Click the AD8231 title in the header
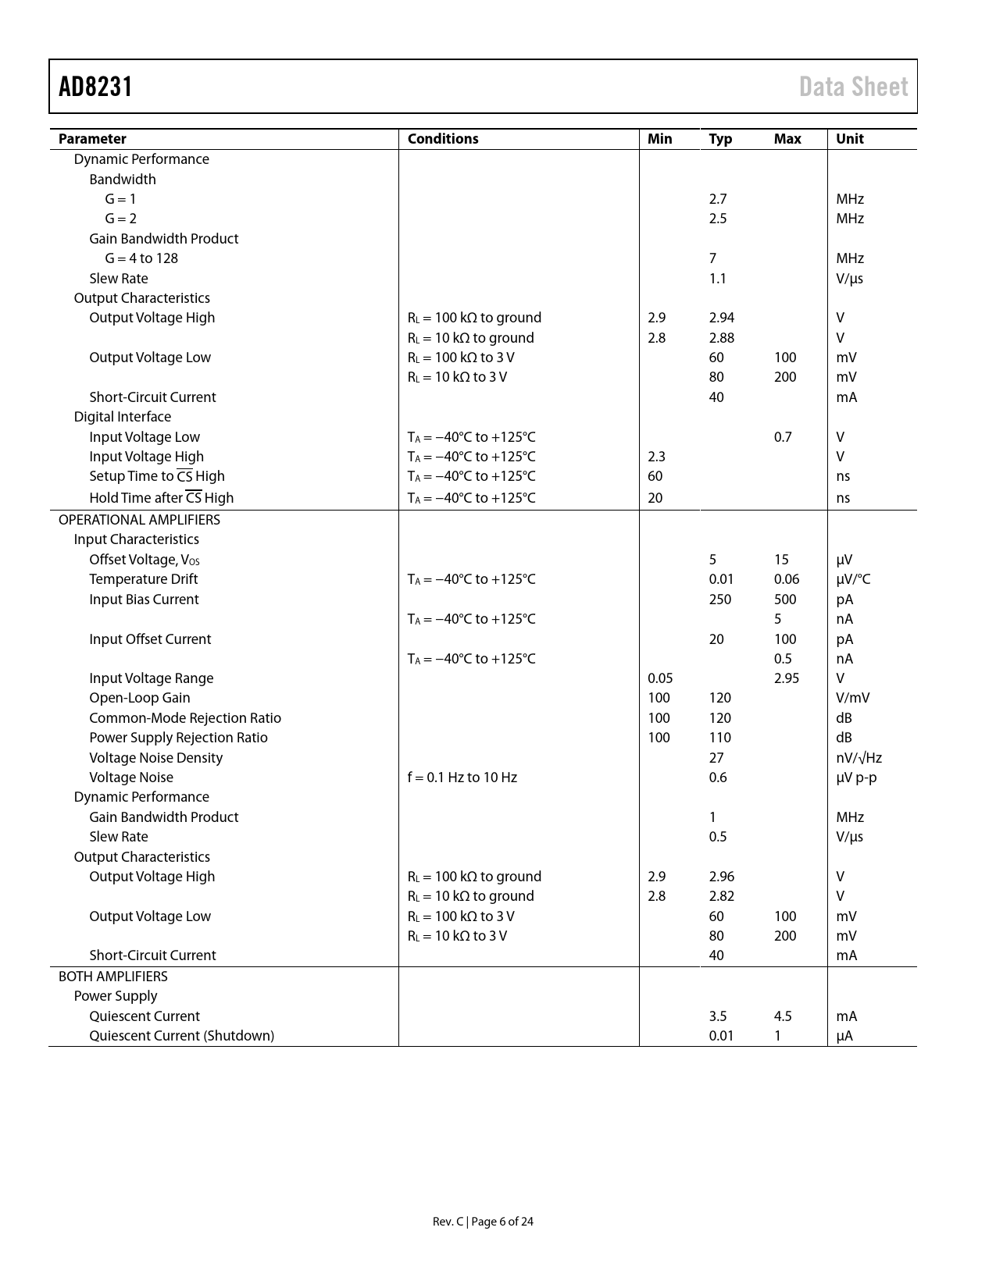[95, 87]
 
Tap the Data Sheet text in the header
[853, 87]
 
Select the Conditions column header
[443, 139]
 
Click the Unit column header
[850, 139]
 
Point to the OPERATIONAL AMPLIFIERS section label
[139, 520]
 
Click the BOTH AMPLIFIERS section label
[112, 977]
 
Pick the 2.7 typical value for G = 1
[717, 199]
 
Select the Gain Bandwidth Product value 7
[712, 258]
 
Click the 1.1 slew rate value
[717, 279]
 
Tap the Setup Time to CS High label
[156, 476]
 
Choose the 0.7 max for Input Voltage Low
[783, 437]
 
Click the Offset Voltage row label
[144, 560]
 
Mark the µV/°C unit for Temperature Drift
[853, 579]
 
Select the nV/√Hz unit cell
[859, 758]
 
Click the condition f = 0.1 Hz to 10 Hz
[462, 777]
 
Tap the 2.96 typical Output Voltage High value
[722, 877]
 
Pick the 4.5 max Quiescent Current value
[783, 1016]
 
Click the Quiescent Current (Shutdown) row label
[181, 1036]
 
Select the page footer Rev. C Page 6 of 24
[483, 1222]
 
